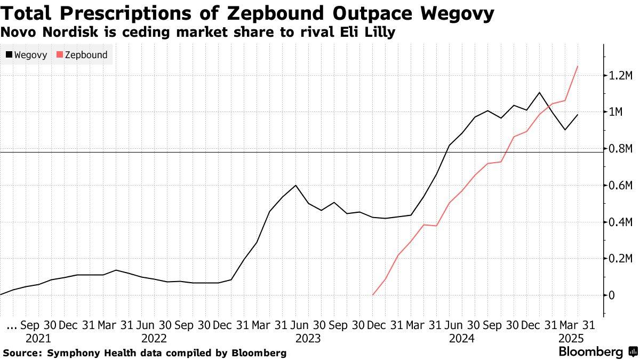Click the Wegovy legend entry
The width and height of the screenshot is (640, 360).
[x=27, y=55]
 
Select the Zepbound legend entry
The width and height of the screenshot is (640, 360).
[x=82, y=55]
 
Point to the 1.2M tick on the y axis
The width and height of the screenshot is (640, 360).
[x=620, y=76]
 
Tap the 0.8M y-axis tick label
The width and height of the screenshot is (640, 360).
[x=620, y=149]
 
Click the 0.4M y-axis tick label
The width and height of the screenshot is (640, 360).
[x=620, y=222]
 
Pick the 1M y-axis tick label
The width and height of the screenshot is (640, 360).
[x=616, y=112]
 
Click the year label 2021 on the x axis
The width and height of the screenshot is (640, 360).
[x=38, y=338]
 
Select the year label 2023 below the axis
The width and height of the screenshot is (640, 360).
[x=308, y=338]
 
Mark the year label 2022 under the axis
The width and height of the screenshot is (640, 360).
[x=154, y=338]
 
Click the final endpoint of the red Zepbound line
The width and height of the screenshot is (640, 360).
[x=578, y=66]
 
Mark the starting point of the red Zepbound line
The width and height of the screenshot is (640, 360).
[x=372, y=295]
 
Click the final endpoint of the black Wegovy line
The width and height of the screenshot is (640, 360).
[x=578, y=115]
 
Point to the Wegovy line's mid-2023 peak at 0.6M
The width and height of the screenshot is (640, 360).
[x=295, y=185]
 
